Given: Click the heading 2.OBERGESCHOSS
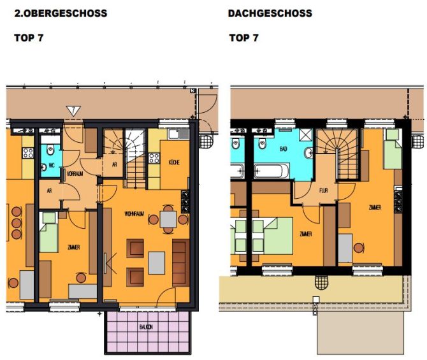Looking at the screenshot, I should tap(61, 13).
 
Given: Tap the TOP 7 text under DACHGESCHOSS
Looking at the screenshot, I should tap(244, 38).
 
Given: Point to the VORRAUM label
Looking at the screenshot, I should tap(75, 173).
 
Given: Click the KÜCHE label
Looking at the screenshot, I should tap(174, 163).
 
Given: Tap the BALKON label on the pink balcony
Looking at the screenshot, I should tap(146, 326).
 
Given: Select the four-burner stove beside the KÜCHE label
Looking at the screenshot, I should tap(154, 158).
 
